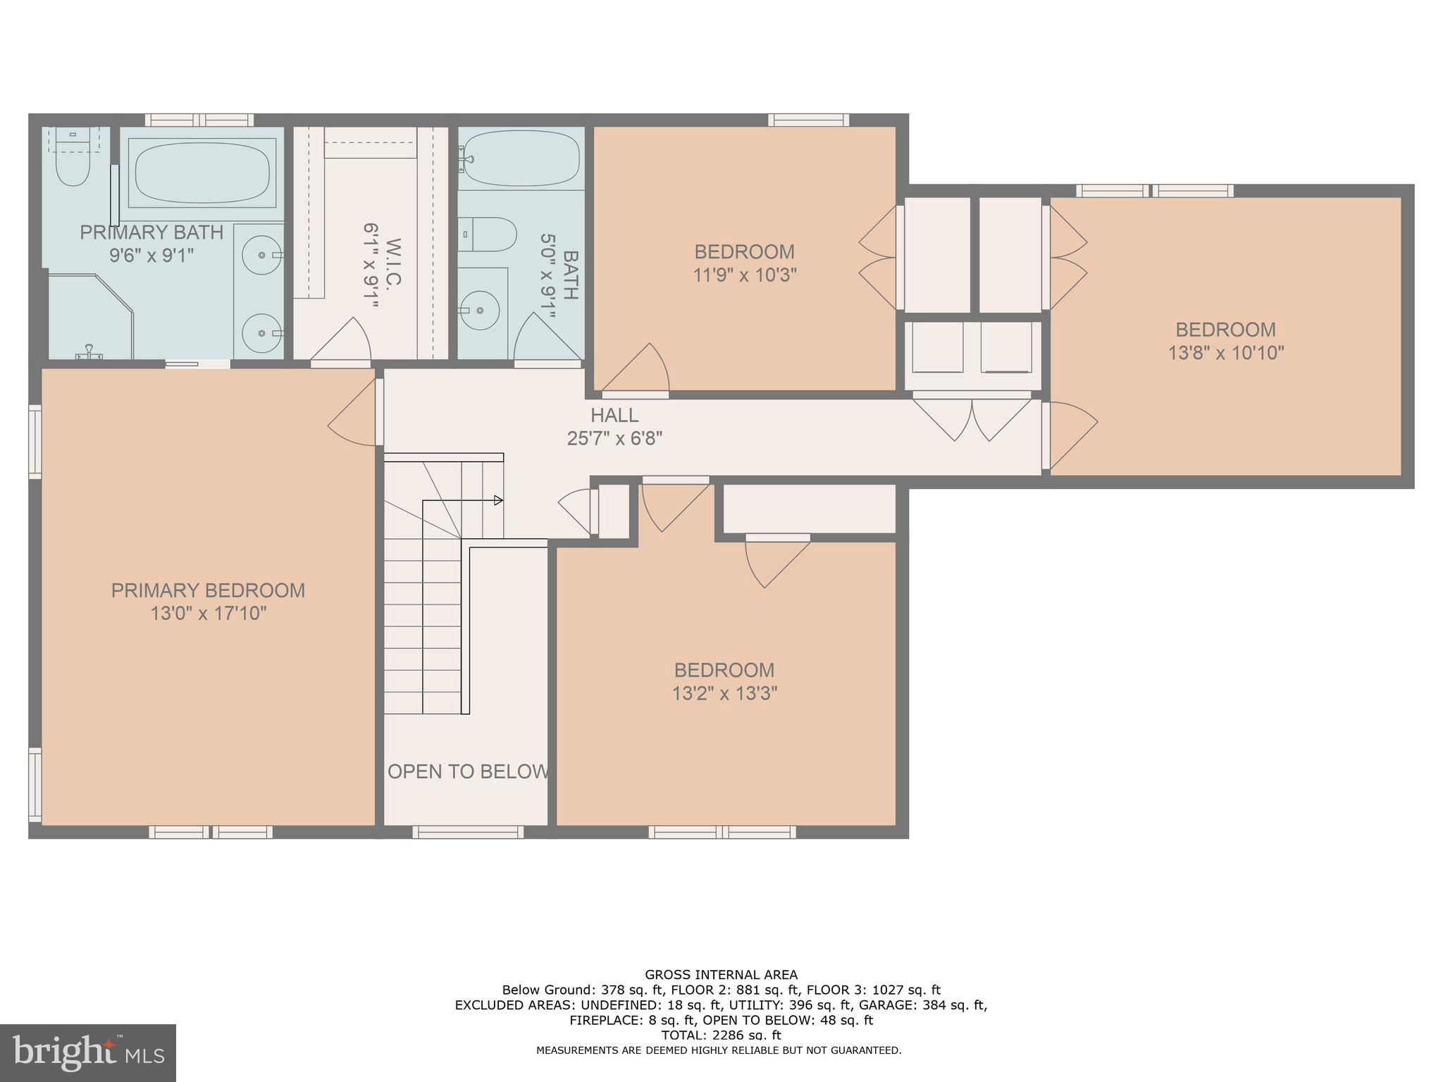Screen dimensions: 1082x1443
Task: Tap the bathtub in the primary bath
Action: pyautogui.click(x=202, y=173)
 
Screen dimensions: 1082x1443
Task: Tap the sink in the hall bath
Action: pyautogui.click(x=479, y=310)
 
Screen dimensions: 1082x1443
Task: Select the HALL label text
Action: pyautogui.click(x=614, y=415)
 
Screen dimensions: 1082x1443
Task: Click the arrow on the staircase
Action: pyautogui.click(x=497, y=500)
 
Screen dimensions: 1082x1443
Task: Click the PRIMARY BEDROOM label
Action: pyautogui.click(x=208, y=590)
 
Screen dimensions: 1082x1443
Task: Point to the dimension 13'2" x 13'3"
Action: pyautogui.click(x=724, y=693)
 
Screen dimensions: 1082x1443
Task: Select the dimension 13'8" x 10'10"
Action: pyautogui.click(x=1226, y=352)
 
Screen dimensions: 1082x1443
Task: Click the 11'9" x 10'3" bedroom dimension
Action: pyautogui.click(x=745, y=275)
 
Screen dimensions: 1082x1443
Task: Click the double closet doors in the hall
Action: pyautogui.click(x=972, y=419)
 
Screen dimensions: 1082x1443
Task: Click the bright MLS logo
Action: pyautogui.click(x=87, y=1052)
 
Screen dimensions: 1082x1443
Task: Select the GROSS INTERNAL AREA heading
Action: pyautogui.click(x=721, y=975)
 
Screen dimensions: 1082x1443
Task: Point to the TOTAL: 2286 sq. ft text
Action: pyautogui.click(x=721, y=1035)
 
